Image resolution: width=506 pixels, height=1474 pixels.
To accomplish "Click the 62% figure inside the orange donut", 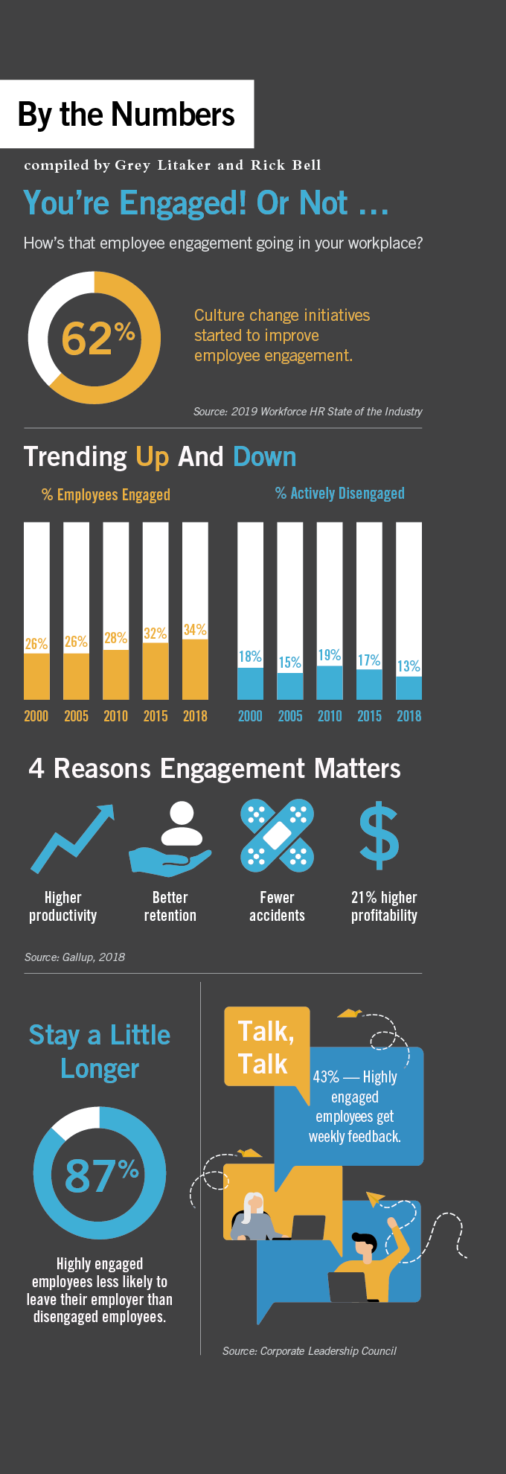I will (97, 338).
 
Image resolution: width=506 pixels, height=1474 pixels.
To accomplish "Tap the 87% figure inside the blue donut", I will (101, 1175).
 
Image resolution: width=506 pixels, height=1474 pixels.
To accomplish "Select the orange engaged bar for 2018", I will (195, 669).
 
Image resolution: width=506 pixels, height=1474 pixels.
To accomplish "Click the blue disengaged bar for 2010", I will (329, 683).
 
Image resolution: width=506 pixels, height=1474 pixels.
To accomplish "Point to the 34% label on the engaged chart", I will (195, 630).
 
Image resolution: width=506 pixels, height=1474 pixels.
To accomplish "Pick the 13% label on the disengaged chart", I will (409, 666).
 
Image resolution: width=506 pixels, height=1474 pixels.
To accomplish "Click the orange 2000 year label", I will (36, 716).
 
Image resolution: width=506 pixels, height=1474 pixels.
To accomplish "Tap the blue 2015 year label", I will (369, 716).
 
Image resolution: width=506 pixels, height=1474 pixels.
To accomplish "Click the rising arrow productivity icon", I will (72, 837).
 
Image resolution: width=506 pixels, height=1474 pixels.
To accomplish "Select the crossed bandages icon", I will (277, 835).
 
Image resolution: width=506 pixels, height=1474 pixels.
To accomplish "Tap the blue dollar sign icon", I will (379, 835).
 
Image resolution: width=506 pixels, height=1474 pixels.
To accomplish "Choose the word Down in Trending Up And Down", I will (264, 456).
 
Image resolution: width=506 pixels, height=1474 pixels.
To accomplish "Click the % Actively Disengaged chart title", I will (340, 494).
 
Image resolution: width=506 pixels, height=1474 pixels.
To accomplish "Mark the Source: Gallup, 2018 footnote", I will (74, 957).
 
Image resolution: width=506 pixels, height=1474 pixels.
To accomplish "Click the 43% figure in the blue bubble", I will (326, 1077).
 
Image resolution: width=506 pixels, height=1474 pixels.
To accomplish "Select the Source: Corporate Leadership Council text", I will (309, 1350).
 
